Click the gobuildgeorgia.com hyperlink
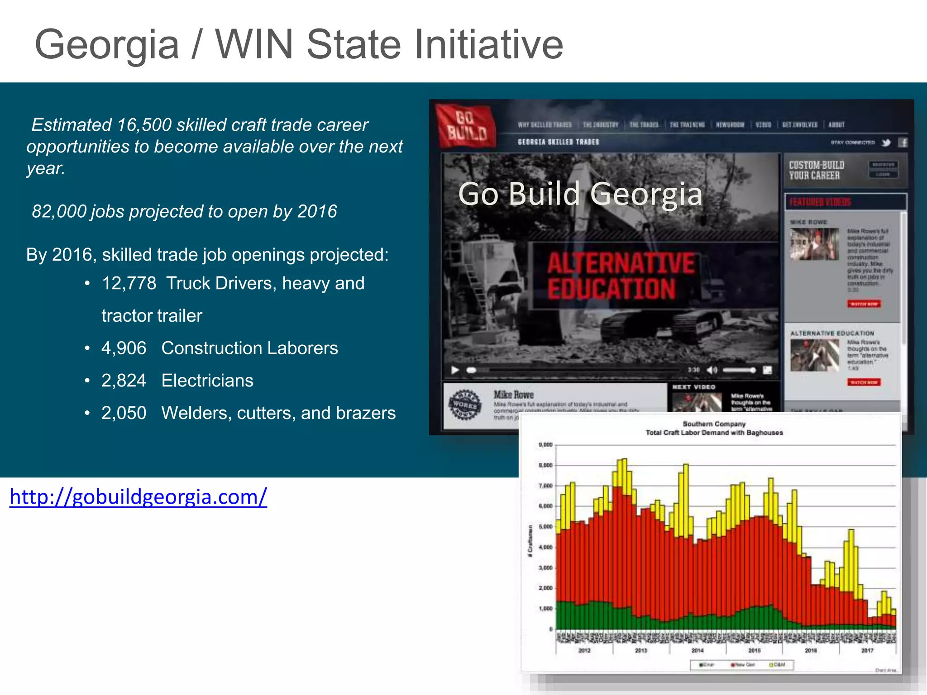click(x=138, y=497)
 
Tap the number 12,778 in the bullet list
click(x=129, y=284)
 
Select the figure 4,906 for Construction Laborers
click(x=124, y=348)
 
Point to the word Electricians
click(x=207, y=381)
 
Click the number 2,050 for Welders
click(x=124, y=413)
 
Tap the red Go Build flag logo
click(x=465, y=125)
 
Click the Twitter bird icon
click(x=886, y=143)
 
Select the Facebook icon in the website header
click(x=902, y=143)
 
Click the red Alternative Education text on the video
click(x=620, y=276)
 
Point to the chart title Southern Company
click(x=714, y=424)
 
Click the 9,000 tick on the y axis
click(x=545, y=445)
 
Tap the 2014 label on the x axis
click(x=697, y=650)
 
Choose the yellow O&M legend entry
click(x=777, y=665)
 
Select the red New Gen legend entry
click(x=742, y=665)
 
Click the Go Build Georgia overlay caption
click(x=580, y=194)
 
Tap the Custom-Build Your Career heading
click(x=816, y=170)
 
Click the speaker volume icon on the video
click(x=712, y=370)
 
